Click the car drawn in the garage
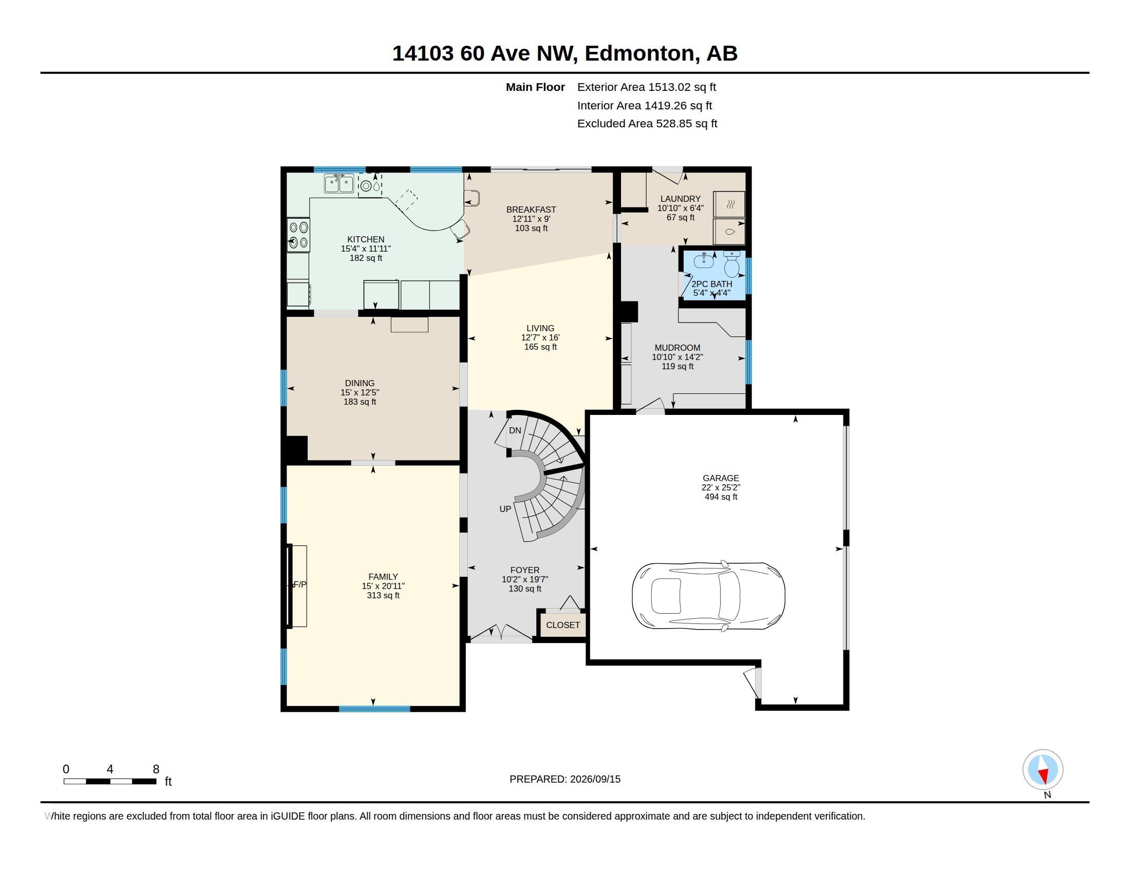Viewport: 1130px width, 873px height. pyautogui.click(x=708, y=596)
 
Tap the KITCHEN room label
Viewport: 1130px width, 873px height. pyautogui.click(x=366, y=239)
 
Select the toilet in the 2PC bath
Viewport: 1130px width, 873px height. pyautogui.click(x=731, y=264)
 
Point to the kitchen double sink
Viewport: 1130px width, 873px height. pyautogui.click(x=339, y=183)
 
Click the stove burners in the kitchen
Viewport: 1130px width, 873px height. pyautogui.click(x=298, y=235)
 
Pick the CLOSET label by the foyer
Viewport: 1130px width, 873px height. pyautogui.click(x=563, y=625)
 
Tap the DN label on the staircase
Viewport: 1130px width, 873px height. pyautogui.click(x=515, y=430)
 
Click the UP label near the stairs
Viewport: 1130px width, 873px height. pyautogui.click(x=505, y=509)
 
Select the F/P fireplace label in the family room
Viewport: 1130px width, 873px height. pyautogui.click(x=299, y=584)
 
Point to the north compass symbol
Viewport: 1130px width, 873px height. pyautogui.click(x=1043, y=770)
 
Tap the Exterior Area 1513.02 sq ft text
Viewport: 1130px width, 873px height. pyautogui.click(x=647, y=87)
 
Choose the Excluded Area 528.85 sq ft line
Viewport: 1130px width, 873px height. pyautogui.click(x=647, y=123)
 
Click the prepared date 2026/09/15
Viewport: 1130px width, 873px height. pyautogui.click(x=565, y=779)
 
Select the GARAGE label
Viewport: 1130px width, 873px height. pyautogui.click(x=721, y=478)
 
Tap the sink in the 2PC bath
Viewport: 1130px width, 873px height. pyautogui.click(x=704, y=261)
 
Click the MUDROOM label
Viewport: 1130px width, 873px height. pyautogui.click(x=677, y=348)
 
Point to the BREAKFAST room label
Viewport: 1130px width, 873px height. pyautogui.click(x=532, y=210)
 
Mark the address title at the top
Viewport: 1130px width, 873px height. pyautogui.click(x=565, y=53)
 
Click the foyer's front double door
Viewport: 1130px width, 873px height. pyautogui.click(x=500, y=634)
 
